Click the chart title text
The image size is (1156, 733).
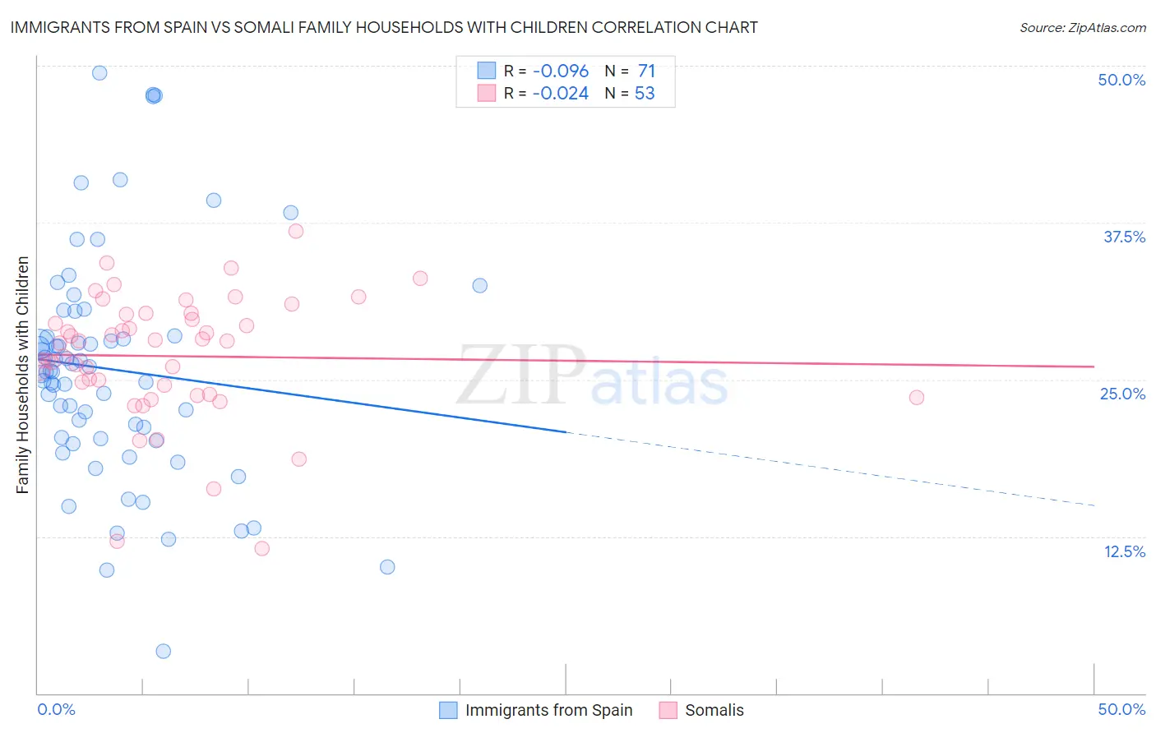pos(384,28)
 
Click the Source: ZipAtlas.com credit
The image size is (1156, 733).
pos(1082,28)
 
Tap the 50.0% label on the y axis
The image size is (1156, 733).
pos(1121,80)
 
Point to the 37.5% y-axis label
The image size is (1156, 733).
pos(1124,237)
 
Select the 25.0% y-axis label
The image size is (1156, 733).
pos(1122,394)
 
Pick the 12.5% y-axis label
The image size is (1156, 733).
pos(1124,551)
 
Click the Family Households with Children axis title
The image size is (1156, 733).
pos(22,375)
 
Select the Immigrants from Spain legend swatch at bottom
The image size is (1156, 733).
pos(448,711)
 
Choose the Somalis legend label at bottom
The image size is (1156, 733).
pos(714,711)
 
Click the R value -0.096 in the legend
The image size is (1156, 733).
pos(560,71)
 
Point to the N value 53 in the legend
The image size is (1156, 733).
pos(645,94)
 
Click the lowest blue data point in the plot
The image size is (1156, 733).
pos(164,652)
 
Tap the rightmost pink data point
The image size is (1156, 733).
pos(916,398)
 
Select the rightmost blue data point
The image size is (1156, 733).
pos(479,286)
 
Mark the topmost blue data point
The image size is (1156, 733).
pos(99,73)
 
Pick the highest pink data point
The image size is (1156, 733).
pos(296,231)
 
